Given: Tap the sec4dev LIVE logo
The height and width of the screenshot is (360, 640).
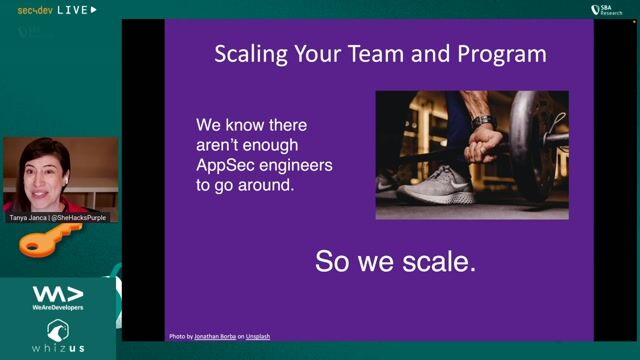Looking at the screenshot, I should point(50,9).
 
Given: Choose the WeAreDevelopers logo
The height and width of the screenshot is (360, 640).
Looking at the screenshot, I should point(57,297).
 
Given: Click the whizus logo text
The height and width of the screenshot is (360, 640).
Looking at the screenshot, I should point(57,347).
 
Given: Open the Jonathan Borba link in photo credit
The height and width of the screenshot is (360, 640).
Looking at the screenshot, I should point(220,336).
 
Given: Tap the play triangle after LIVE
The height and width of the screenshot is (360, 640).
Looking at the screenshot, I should point(94,9).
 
